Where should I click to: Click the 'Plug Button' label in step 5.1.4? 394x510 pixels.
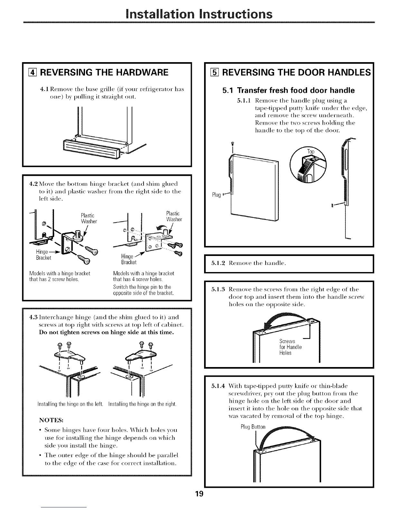tap(253, 427)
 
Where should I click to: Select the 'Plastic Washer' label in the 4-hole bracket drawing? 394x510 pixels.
tap(174, 216)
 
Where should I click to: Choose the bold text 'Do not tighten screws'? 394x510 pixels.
tap(68, 333)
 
